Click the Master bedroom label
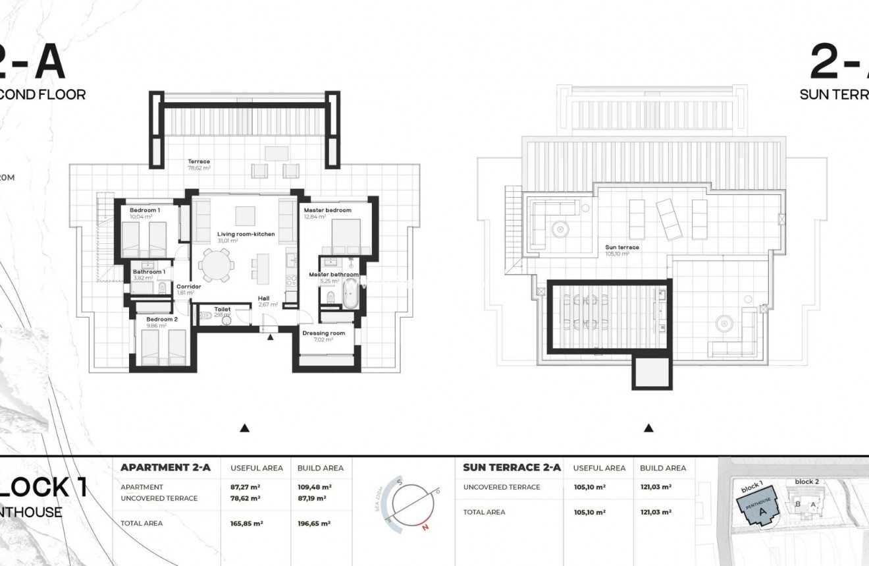coord(327,210)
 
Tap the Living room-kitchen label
coord(246,234)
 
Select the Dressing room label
coord(323,333)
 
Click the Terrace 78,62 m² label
coord(198,161)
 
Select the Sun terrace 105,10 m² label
coord(622,248)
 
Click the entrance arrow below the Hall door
coord(270,337)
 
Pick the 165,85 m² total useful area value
coord(247,523)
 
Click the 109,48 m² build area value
coord(314,487)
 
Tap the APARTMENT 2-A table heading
coord(165,468)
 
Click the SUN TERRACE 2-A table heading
coord(512,468)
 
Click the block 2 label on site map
coord(806,482)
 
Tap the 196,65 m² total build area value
coord(314,523)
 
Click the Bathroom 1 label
coord(149,271)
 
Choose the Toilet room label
coord(223,308)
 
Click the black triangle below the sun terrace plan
coord(648,428)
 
